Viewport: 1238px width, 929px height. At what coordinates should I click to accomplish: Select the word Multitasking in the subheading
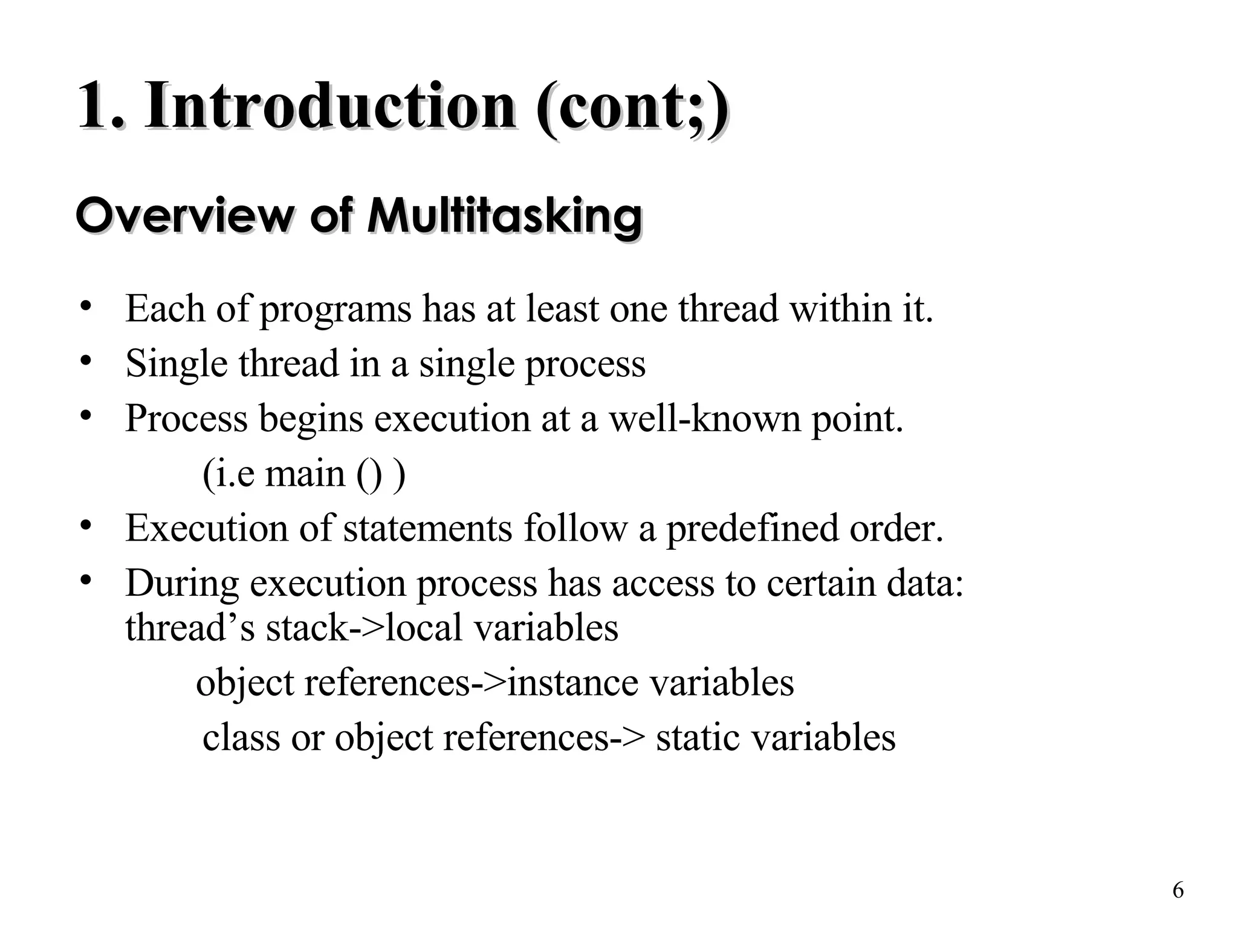pos(505,216)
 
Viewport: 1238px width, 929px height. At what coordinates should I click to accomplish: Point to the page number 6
pos(1178,890)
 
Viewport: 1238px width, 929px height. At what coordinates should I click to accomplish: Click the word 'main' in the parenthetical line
pos(305,474)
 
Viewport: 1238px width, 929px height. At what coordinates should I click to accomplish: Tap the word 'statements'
pos(427,528)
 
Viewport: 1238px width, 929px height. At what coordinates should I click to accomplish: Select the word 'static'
pos(698,738)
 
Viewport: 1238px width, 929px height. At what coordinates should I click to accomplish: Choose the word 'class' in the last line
pos(241,738)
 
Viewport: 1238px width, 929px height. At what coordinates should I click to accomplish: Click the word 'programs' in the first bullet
pos(335,310)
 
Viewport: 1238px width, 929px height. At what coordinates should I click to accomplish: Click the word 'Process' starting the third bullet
pos(186,419)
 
